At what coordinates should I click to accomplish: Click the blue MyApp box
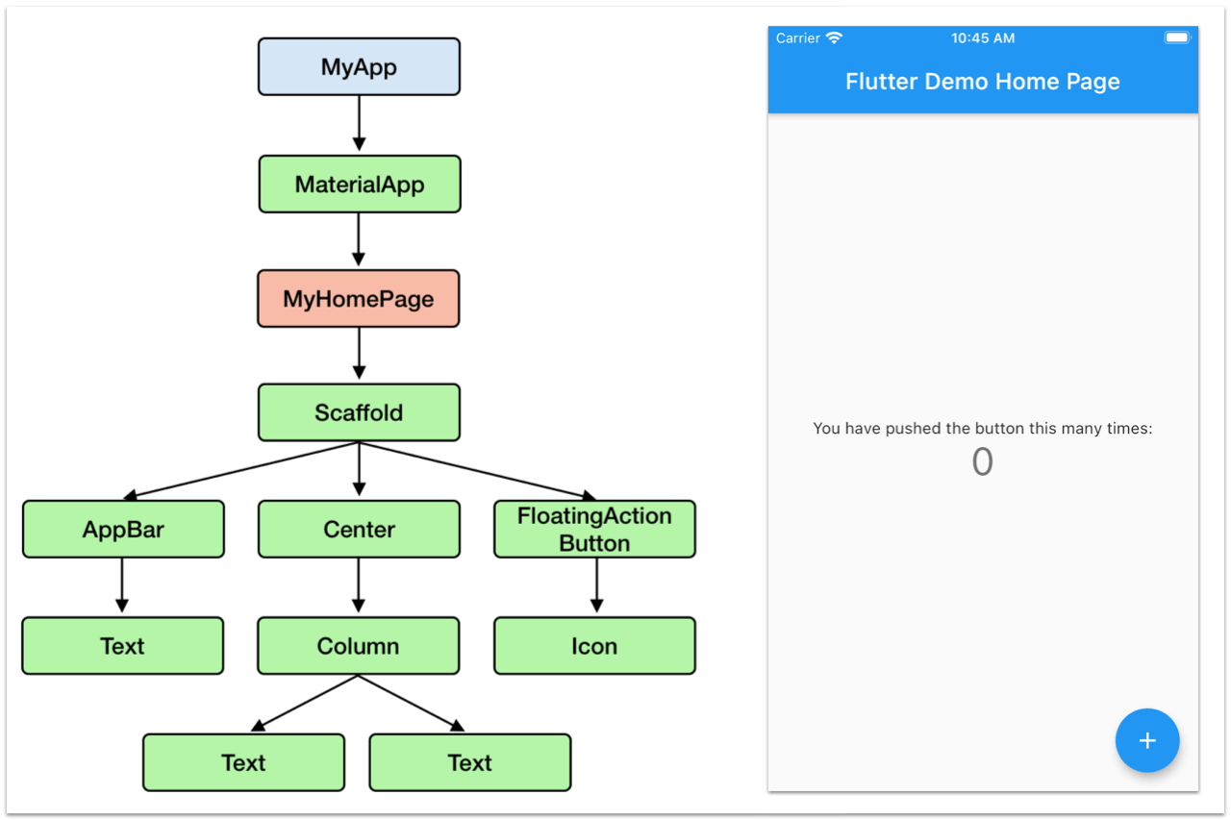tap(359, 66)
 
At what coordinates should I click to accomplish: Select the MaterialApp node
tap(359, 184)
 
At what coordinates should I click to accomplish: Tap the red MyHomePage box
tap(358, 299)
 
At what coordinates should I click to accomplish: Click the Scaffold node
tap(359, 413)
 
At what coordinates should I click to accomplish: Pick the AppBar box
tap(123, 530)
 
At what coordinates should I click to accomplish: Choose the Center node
tap(359, 530)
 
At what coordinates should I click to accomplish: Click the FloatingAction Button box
tap(594, 530)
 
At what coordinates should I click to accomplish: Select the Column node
tap(358, 646)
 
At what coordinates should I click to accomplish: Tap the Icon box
tap(594, 646)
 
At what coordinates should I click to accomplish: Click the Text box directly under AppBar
tap(122, 646)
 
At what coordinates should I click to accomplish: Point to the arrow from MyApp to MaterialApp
tap(359, 123)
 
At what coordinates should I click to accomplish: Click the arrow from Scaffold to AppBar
tap(240, 471)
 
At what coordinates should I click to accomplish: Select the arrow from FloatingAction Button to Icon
tap(596, 585)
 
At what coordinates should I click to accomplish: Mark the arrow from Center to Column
tap(359, 585)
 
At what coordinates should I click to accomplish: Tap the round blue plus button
tap(1147, 741)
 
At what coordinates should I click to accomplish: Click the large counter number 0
tap(982, 462)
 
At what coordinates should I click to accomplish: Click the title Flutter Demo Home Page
tap(982, 82)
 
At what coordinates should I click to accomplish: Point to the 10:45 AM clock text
tap(982, 38)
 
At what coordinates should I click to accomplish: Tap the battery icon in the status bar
tap(1177, 37)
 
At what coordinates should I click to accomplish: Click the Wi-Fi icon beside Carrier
tap(834, 37)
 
